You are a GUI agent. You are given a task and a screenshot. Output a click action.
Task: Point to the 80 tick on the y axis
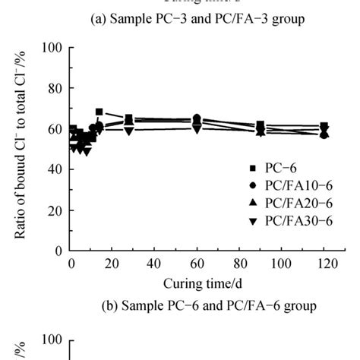tap(54, 87)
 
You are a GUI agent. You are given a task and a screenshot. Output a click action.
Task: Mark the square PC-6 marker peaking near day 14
tap(99, 112)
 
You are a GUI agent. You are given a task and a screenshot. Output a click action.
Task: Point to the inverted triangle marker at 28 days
tap(129, 131)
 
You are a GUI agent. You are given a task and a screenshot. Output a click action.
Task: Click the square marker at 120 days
tap(324, 126)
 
